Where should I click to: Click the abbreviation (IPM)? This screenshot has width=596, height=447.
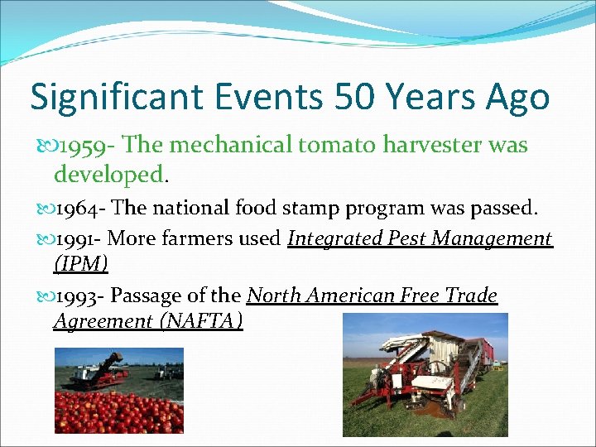point(80,264)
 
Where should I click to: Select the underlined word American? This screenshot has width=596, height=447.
point(351,296)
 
